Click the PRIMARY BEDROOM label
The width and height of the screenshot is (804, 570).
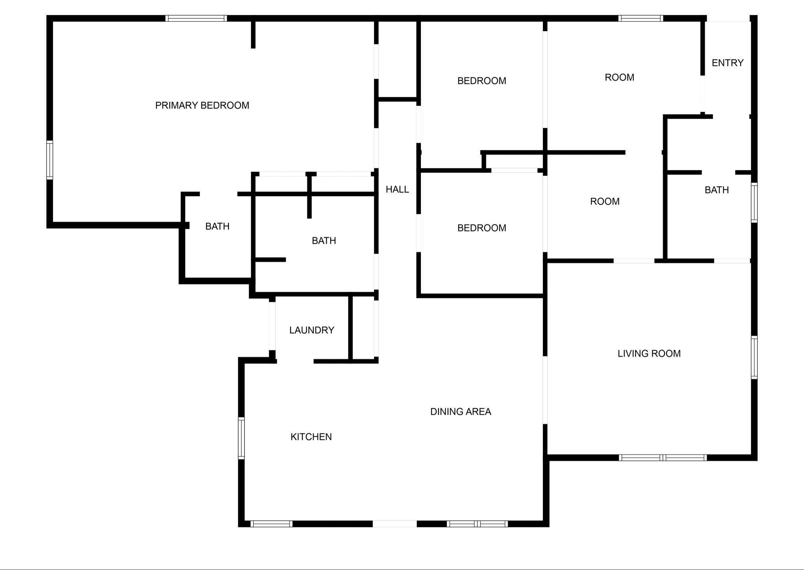[x=202, y=105]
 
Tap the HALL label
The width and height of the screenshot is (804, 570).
[x=397, y=189]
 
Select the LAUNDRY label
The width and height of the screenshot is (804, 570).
[x=312, y=330]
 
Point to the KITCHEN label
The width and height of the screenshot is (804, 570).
[x=311, y=437]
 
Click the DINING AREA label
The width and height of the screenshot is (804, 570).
[x=460, y=412]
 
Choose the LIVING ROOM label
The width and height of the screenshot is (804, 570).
[x=649, y=353]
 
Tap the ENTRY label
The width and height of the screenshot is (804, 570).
[x=727, y=63]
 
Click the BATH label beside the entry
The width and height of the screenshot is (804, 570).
[x=716, y=190]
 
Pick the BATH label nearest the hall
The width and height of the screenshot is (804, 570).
[x=324, y=241]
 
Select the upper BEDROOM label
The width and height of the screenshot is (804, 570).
[x=482, y=81]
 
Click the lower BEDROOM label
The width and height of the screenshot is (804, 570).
[x=482, y=228]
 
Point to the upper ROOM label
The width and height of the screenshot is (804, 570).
[x=619, y=77]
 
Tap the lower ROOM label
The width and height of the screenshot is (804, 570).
[x=605, y=202]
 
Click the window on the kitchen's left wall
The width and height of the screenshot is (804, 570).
[x=241, y=438]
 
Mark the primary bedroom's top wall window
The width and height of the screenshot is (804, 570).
[x=196, y=18]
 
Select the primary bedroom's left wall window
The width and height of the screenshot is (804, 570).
[x=50, y=160]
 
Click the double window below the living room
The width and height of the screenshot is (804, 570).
[x=663, y=458]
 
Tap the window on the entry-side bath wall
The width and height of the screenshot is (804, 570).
[x=754, y=202]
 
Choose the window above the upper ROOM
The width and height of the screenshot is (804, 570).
[x=640, y=18]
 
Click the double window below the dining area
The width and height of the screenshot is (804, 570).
[x=477, y=524]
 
